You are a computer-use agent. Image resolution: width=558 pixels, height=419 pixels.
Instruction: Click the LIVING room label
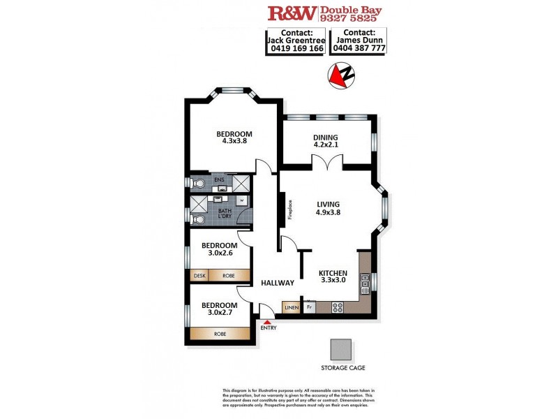pyautogui.click(x=327, y=204)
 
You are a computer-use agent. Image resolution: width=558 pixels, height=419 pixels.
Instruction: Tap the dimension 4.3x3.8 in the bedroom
pyautogui.click(x=234, y=140)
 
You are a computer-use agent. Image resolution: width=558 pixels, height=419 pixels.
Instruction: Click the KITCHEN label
pyautogui.click(x=333, y=273)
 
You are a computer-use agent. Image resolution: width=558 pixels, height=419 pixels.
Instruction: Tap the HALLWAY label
pyautogui.click(x=278, y=283)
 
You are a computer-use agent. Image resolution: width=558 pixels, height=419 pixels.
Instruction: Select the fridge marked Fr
pyautogui.click(x=308, y=307)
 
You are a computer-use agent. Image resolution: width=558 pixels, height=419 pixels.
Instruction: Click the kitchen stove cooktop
pyautogui.click(x=337, y=306)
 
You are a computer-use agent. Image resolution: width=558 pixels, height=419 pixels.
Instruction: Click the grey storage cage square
pyautogui.click(x=342, y=349)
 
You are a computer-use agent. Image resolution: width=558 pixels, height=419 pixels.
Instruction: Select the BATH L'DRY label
pyautogui.click(x=224, y=214)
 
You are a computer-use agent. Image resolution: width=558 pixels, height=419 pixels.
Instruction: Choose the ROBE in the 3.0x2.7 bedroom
pyautogui.click(x=220, y=334)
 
